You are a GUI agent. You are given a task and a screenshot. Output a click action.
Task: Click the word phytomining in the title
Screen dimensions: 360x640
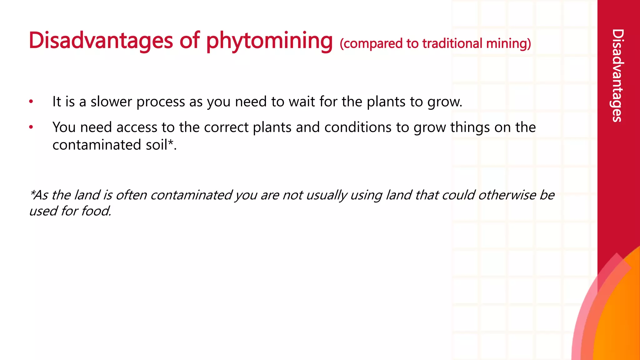point(269,41)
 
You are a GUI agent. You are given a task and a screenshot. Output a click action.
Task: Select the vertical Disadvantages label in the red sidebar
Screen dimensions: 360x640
point(618,75)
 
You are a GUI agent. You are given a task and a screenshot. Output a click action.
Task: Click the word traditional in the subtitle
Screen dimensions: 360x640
point(452,43)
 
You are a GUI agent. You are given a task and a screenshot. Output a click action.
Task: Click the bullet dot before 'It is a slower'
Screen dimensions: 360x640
point(31,102)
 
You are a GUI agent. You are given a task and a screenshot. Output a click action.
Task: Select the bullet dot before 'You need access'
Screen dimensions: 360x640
point(31,127)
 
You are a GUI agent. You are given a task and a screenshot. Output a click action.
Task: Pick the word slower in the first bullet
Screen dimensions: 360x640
point(111,102)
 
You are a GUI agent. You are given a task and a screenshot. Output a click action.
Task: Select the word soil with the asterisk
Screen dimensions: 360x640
point(158,145)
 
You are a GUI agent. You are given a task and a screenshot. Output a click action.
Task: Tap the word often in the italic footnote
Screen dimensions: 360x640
point(131,195)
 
